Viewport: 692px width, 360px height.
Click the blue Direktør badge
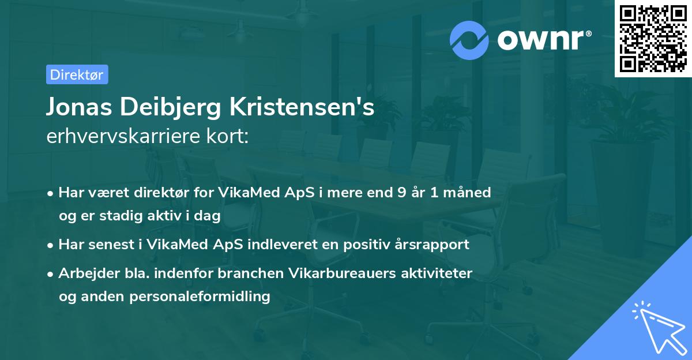tap(77, 74)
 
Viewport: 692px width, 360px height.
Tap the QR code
tap(652, 39)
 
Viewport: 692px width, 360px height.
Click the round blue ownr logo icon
tap(469, 40)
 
